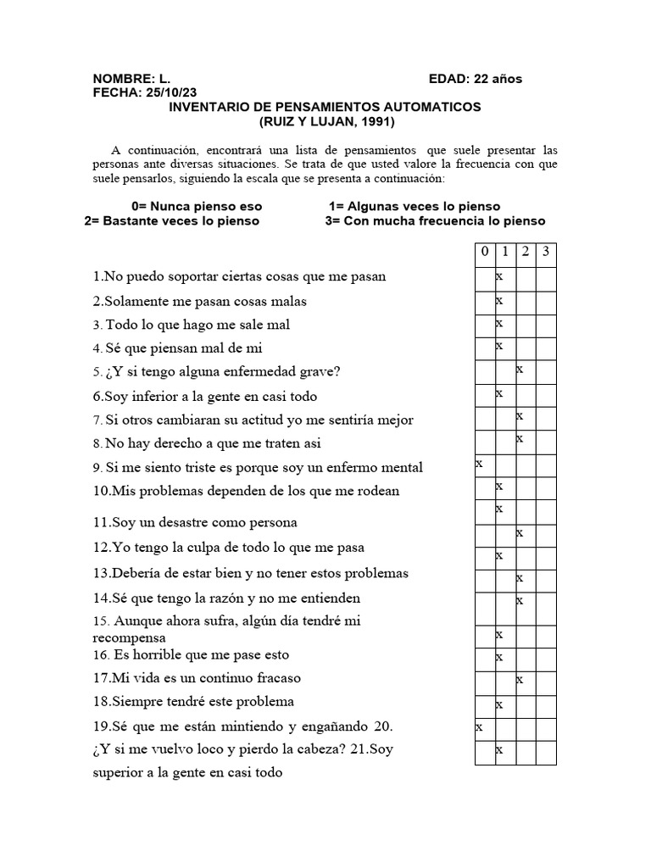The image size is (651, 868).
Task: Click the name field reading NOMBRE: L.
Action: coord(131,79)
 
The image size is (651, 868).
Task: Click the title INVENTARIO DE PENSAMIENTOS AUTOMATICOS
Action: coord(325,107)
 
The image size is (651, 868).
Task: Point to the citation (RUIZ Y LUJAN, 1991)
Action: coord(325,121)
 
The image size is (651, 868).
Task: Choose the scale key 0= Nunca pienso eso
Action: coord(197,206)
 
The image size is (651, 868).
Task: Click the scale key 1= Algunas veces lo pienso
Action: coord(415,206)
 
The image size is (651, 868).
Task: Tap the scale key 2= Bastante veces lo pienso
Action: coord(172,221)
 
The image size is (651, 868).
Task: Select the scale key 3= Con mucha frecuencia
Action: coord(435,221)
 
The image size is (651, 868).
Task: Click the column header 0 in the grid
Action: coord(485,252)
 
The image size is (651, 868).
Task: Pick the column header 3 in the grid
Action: coord(546,252)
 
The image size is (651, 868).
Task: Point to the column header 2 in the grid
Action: coord(526,252)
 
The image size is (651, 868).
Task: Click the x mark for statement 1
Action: coord(500,276)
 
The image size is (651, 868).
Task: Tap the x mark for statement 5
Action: coord(520,369)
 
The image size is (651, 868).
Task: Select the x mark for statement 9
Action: coord(480,463)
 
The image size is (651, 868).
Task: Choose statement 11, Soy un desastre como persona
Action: coord(195,522)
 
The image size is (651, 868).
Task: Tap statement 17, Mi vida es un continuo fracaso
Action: coord(197,678)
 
